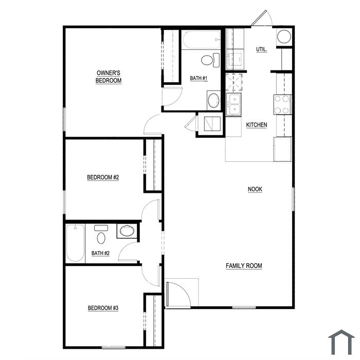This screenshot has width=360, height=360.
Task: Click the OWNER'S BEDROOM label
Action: click(x=109, y=77)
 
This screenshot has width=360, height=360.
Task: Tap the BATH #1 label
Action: click(x=199, y=78)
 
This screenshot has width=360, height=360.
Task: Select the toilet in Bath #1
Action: click(x=210, y=60)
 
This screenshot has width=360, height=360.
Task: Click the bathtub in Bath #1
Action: click(x=202, y=40)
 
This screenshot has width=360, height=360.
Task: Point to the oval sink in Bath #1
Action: click(x=213, y=100)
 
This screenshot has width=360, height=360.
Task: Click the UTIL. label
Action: click(x=261, y=49)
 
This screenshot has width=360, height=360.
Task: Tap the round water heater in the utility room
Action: click(x=284, y=37)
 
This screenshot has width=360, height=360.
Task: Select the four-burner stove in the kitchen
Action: click(x=282, y=105)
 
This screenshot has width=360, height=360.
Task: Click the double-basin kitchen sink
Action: click(x=233, y=104)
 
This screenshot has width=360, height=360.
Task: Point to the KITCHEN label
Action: click(x=257, y=125)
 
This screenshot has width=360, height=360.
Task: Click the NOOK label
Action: click(x=255, y=189)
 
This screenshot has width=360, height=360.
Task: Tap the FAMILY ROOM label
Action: click(x=244, y=266)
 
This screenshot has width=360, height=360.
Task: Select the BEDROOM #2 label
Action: click(x=103, y=177)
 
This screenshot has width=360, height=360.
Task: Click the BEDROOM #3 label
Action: click(x=103, y=308)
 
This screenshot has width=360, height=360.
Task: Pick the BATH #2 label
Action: click(x=100, y=253)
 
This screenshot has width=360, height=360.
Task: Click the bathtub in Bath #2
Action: click(x=75, y=243)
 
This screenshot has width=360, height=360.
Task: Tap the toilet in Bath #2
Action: click(x=101, y=235)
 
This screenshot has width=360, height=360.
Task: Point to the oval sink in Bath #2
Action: click(x=127, y=231)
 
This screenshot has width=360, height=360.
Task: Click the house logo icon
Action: click(x=341, y=343)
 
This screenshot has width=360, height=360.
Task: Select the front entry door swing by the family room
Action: click(x=178, y=295)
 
